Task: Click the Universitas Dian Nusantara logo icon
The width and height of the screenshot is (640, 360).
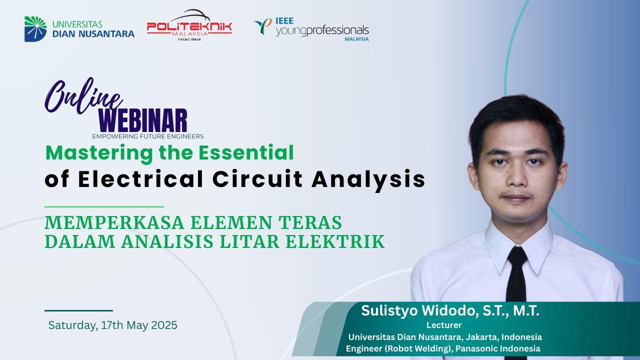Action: pyautogui.click(x=35, y=29)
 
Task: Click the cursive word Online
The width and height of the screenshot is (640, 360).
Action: pyautogui.click(x=82, y=95)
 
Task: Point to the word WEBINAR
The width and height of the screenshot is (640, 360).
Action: pyautogui.click(x=143, y=121)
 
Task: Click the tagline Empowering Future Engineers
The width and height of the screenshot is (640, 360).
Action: pyautogui.click(x=147, y=136)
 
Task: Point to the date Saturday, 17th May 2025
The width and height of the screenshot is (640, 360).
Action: pyautogui.click(x=112, y=325)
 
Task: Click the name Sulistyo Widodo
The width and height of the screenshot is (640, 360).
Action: pyautogui.click(x=419, y=311)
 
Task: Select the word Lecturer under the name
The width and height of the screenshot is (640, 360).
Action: pyautogui.click(x=443, y=325)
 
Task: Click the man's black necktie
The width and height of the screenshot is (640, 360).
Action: pyautogui.click(x=516, y=280)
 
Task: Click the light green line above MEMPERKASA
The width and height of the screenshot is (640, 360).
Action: pyautogui.click(x=104, y=206)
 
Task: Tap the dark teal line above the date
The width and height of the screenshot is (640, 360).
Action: pyautogui.click(x=78, y=310)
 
